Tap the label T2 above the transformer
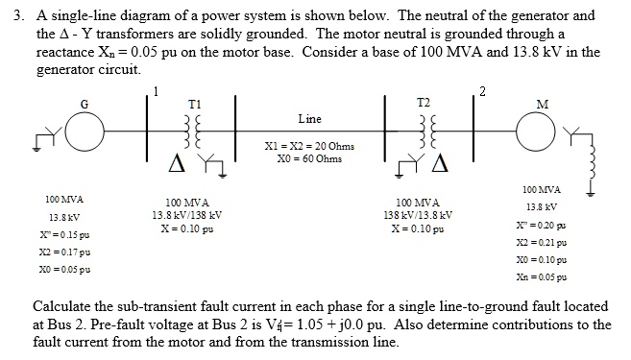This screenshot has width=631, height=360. (425, 101)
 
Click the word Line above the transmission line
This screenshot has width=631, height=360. (309, 119)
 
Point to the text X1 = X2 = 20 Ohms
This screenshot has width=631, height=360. (308, 146)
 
